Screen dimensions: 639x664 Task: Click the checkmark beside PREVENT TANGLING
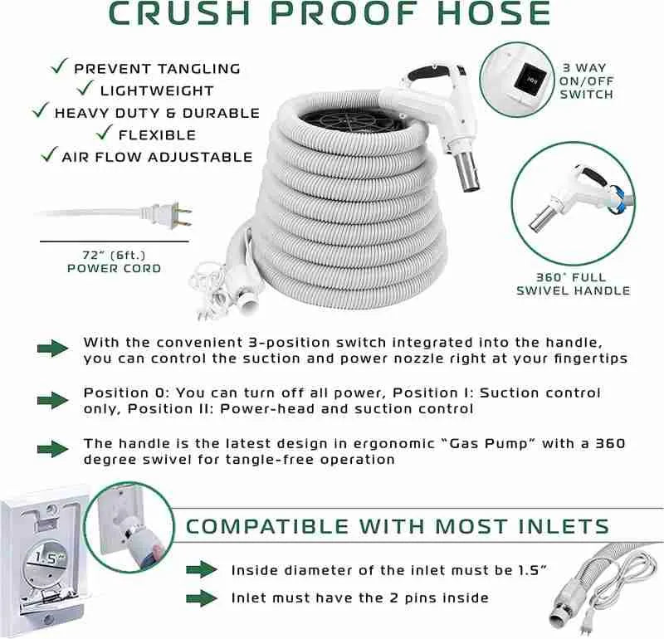[59, 67]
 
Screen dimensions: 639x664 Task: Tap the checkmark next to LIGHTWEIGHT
[82, 89]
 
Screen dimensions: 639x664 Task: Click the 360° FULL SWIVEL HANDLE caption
[573, 283]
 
